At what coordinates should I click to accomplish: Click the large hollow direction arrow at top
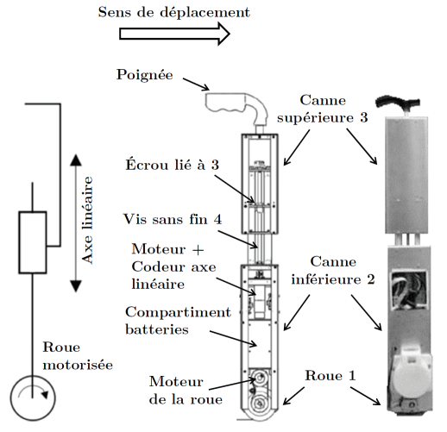(x=174, y=34)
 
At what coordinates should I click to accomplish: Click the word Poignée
(x=145, y=75)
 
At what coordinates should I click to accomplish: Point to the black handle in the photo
(x=398, y=102)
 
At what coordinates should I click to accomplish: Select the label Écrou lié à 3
(x=172, y=165)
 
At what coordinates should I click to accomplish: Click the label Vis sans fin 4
(x=173, y=219)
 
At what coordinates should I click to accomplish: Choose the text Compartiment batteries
(x=178, y=321)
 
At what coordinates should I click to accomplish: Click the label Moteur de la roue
(x=186, y=391)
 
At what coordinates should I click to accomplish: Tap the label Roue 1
(x=331, y=375)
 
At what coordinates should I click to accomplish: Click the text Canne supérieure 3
(x=323, y=109)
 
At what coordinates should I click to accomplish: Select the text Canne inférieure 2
(x=333, y=271)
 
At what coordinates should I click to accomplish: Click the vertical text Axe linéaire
(x=87, y=220)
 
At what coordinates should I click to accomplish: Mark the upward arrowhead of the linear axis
(x=76, y=160)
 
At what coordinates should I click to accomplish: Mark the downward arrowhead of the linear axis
(x=76, y=286)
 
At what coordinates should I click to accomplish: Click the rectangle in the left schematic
(x=33, y=242)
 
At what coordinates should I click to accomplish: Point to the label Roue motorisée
(x=78, y=356)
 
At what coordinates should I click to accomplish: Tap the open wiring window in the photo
(x=408, y=291)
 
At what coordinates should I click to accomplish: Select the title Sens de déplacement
(x=174, y=12)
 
